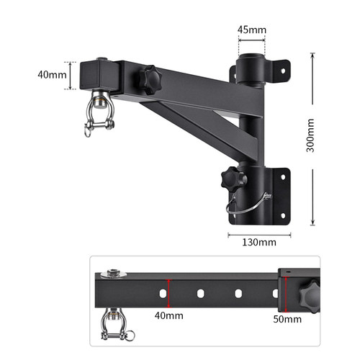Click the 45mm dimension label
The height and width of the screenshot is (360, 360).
(x=252, y=30)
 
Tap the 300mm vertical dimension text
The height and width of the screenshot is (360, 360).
(x=310, y=135)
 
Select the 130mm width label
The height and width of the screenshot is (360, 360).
(x=259, y=242)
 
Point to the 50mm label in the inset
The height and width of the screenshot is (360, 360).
(x=287, y=319)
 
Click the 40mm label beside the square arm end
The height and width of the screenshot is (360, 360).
(x=52, y=75)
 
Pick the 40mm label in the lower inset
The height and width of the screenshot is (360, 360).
(x=169, y=315)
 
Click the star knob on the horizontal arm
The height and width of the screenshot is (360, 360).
(x=150, y=80)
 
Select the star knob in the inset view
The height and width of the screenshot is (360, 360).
(x=310, y=296)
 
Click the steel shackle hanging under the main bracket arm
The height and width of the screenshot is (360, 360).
(x=99, y=113)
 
